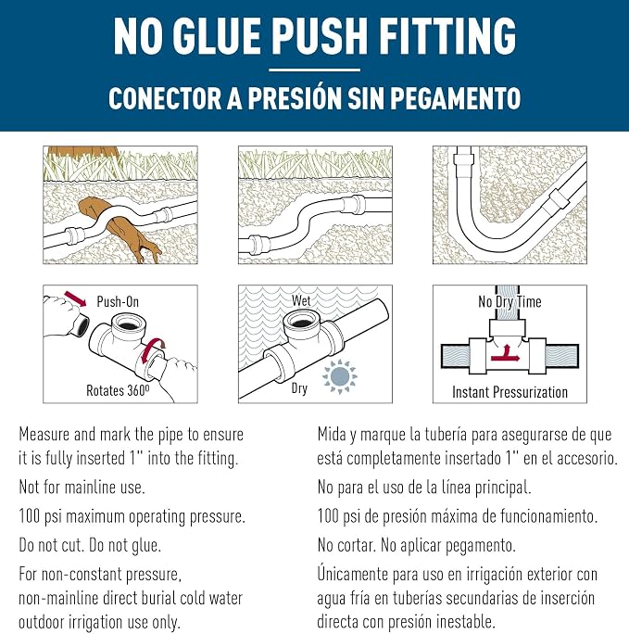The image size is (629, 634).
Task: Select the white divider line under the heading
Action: tap(314, 70)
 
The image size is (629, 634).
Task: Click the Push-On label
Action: tap(118, 301)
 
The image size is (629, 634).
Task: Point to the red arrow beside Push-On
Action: tap(76, 298)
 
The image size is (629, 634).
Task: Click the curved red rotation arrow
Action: tap(152, 349)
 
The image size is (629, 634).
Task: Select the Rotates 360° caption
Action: tap(118, 390)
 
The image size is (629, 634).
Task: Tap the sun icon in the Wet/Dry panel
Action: tap(339, 376)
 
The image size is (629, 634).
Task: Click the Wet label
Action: tap(301, 300)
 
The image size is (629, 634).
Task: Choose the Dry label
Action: tap(299, 388)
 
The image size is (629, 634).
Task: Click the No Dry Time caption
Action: tap(509, 301)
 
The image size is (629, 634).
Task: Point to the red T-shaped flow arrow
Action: tap(506, 354)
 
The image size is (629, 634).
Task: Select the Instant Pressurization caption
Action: tap(509, 392)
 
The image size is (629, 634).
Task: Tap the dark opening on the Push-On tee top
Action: tap(127, 325)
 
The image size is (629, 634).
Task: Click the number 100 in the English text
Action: tap(29, 516)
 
